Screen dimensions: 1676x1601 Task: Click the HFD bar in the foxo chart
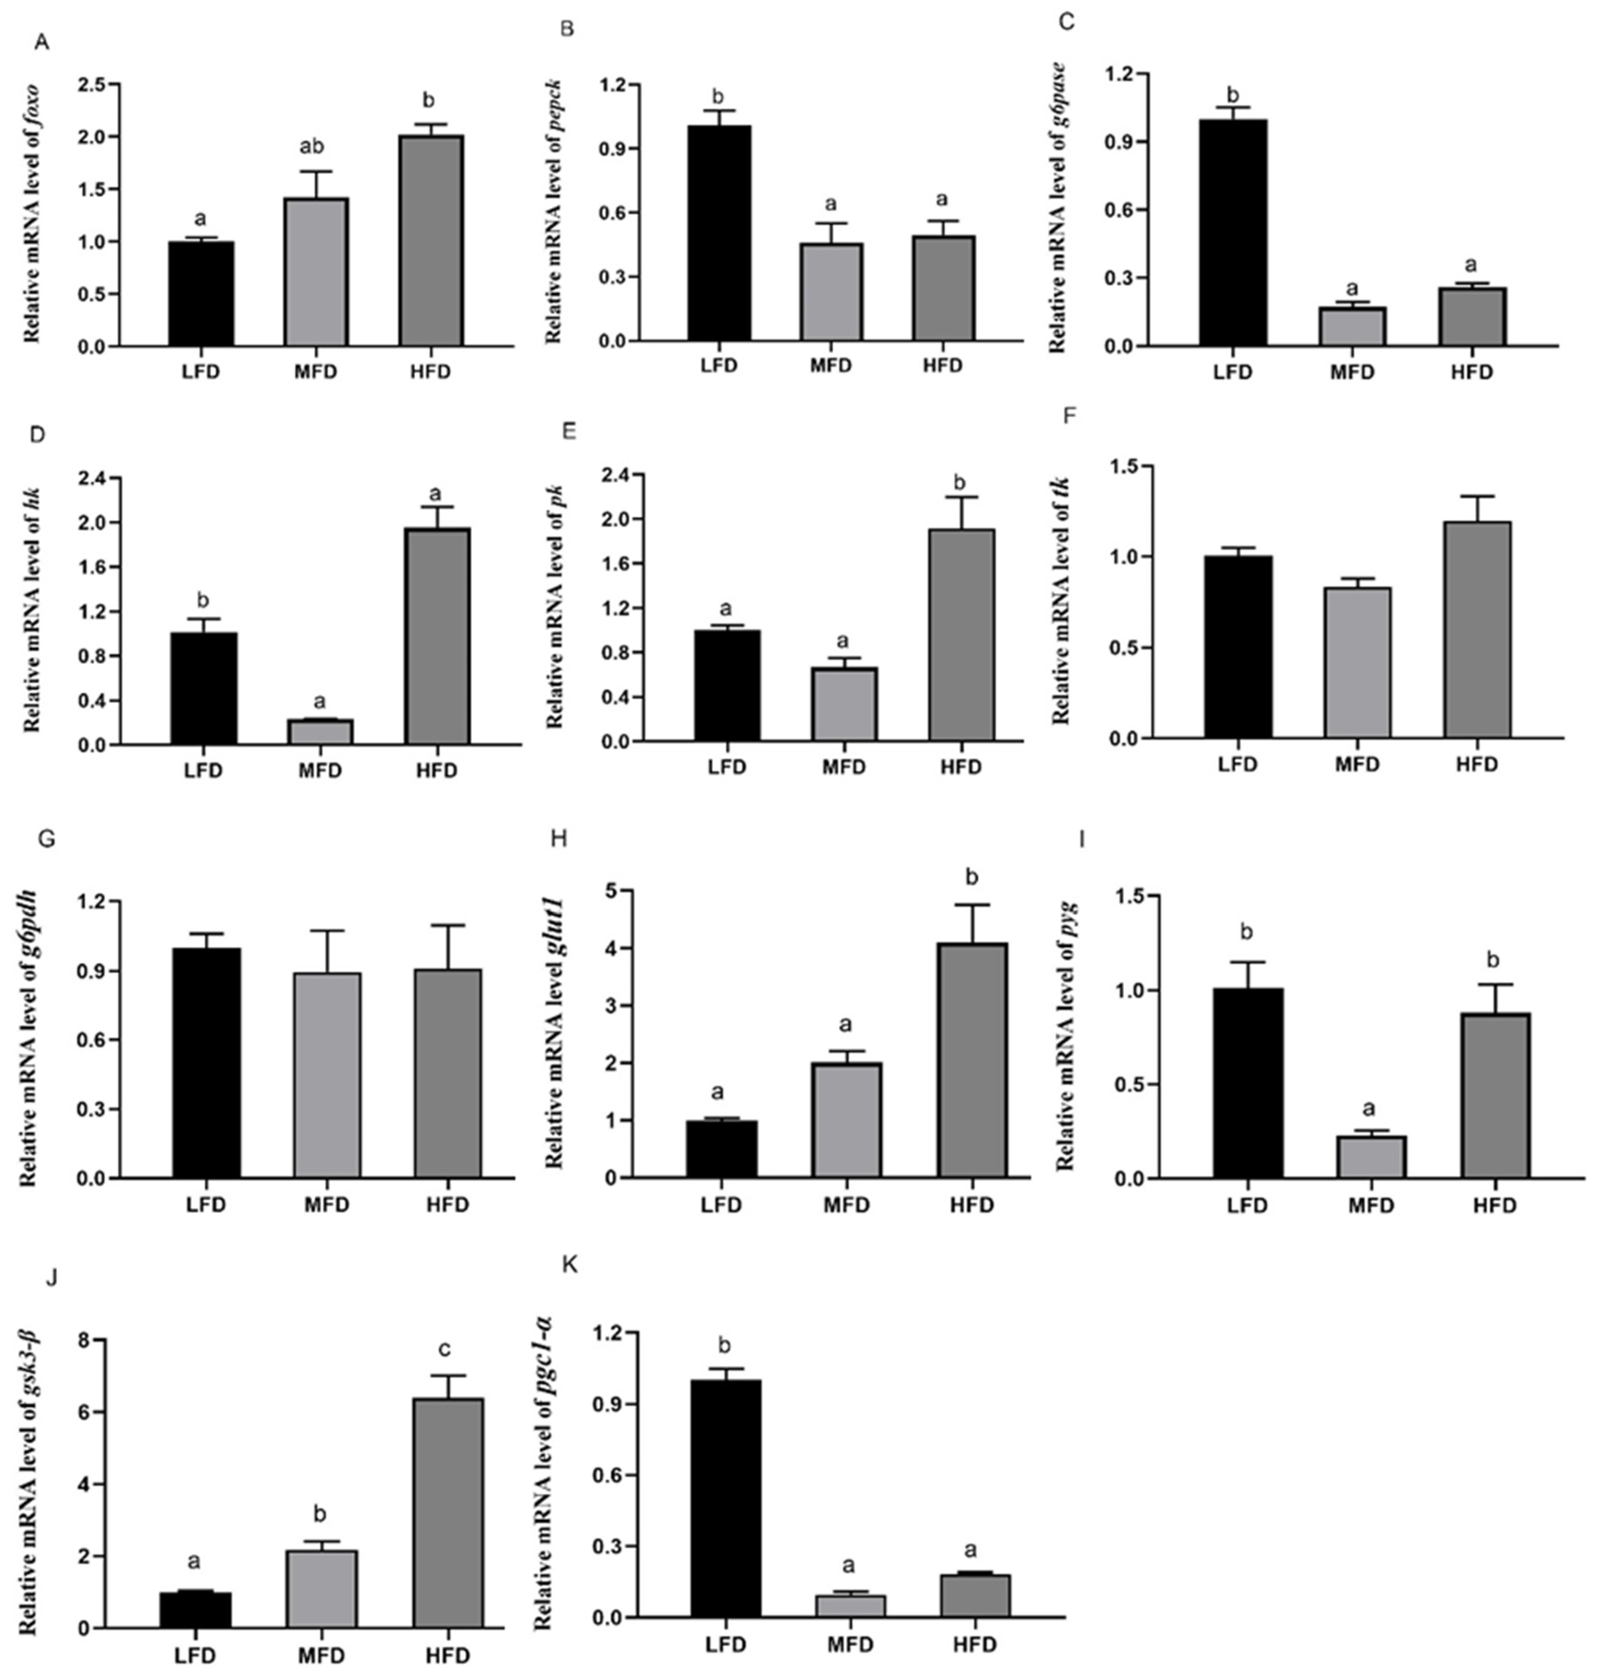tap(431, 241)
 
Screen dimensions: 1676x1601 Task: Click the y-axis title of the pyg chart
tap(1067, 1037)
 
